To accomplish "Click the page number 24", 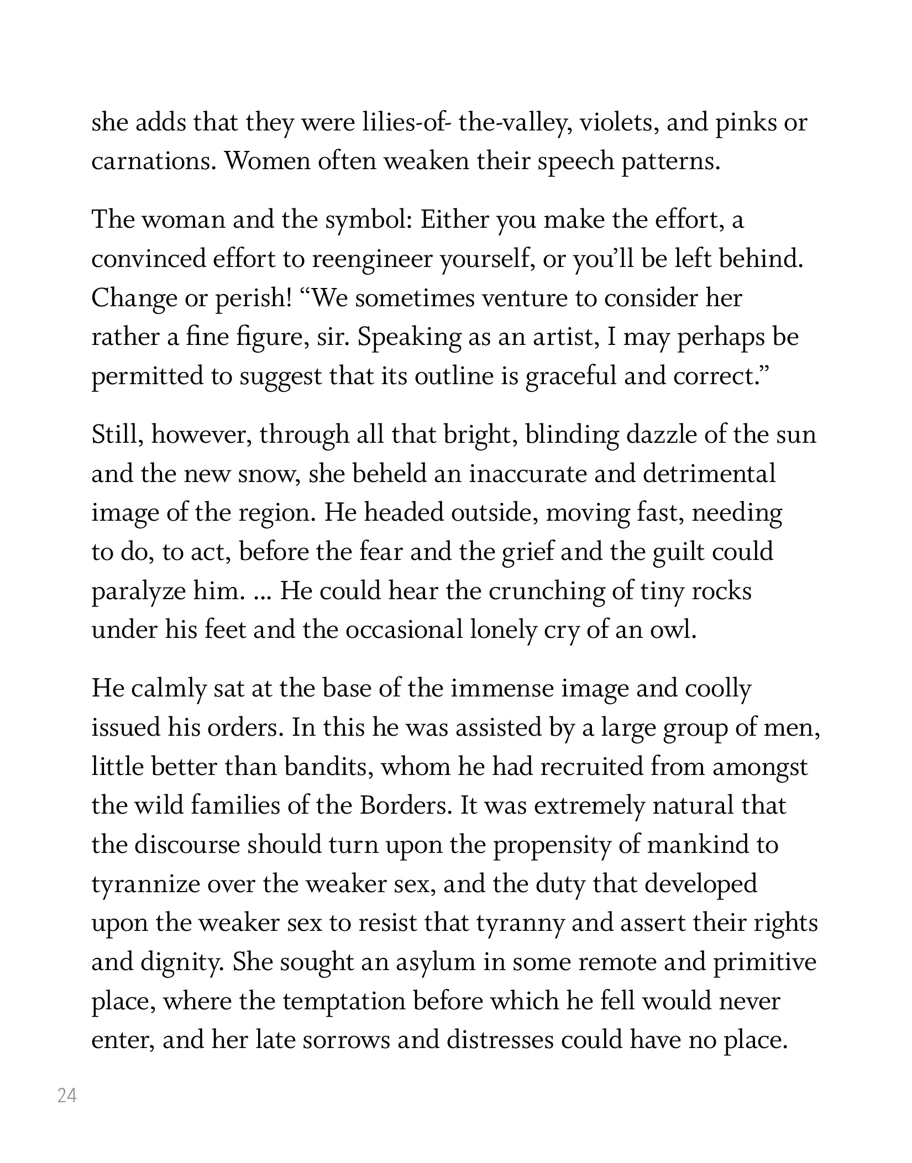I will pyautogui.click(x=67, y=1095).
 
